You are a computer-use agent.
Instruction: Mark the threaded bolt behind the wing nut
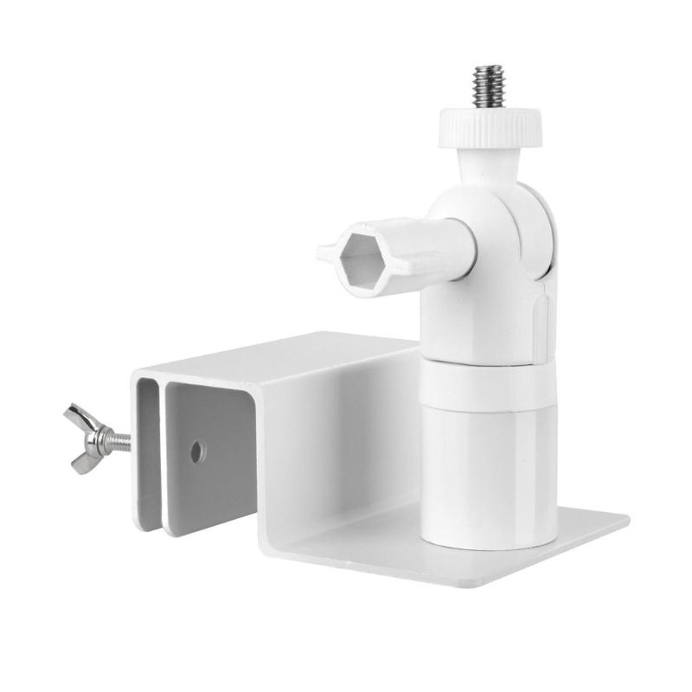(120, 443)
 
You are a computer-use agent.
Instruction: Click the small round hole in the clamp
(197, 450)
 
